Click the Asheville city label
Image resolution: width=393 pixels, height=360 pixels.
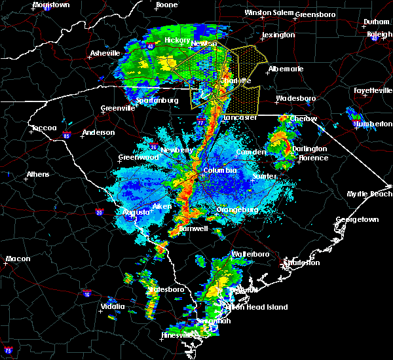click(105, 53)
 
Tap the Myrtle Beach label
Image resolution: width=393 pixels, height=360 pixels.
click(369, 194)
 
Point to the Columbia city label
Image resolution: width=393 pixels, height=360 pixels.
click(219, 170)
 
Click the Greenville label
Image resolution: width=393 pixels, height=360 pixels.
click(118, 109)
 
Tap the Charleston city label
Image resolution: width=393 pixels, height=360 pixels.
click(301, 262)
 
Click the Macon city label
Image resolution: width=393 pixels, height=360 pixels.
click(18, 259)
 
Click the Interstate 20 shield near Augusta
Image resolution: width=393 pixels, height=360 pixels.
click(99, 212)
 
